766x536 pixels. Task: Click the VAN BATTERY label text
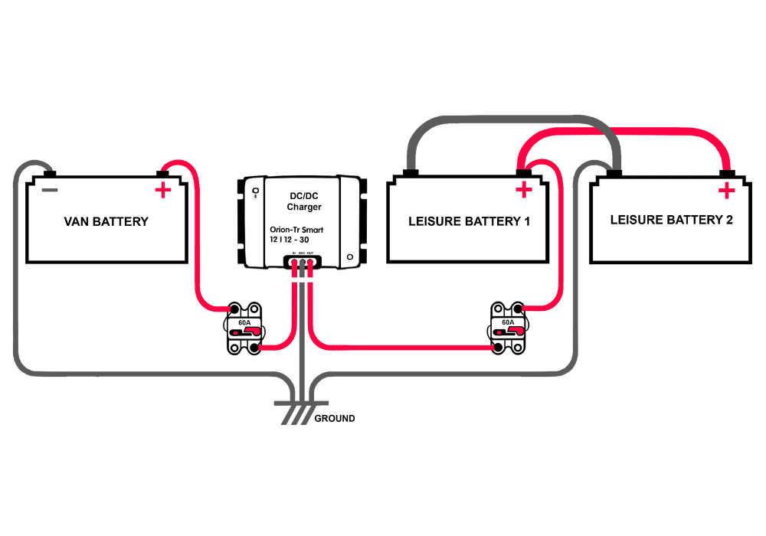106,222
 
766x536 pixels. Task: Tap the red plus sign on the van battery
162,191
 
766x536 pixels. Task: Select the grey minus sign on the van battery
49,190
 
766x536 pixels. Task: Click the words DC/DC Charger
304,201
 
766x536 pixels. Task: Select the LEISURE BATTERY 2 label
671,221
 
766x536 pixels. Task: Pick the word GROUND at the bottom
335,419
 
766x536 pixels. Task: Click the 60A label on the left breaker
244,323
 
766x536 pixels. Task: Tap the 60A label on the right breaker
508,323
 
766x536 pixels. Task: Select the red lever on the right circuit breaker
512,332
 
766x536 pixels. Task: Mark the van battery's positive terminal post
162,173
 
